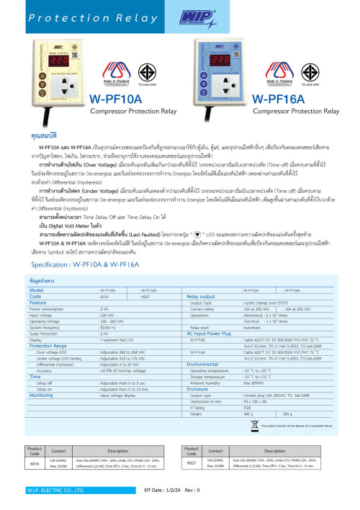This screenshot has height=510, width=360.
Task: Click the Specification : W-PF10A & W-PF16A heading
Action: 76,245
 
